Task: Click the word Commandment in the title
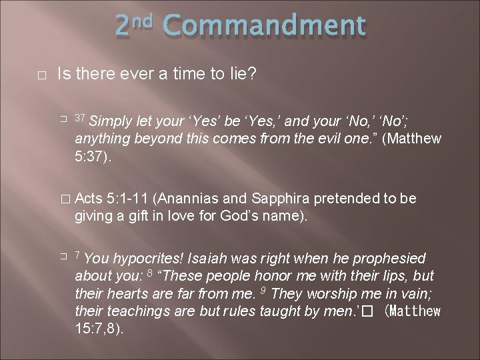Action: [x=263, y=26]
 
